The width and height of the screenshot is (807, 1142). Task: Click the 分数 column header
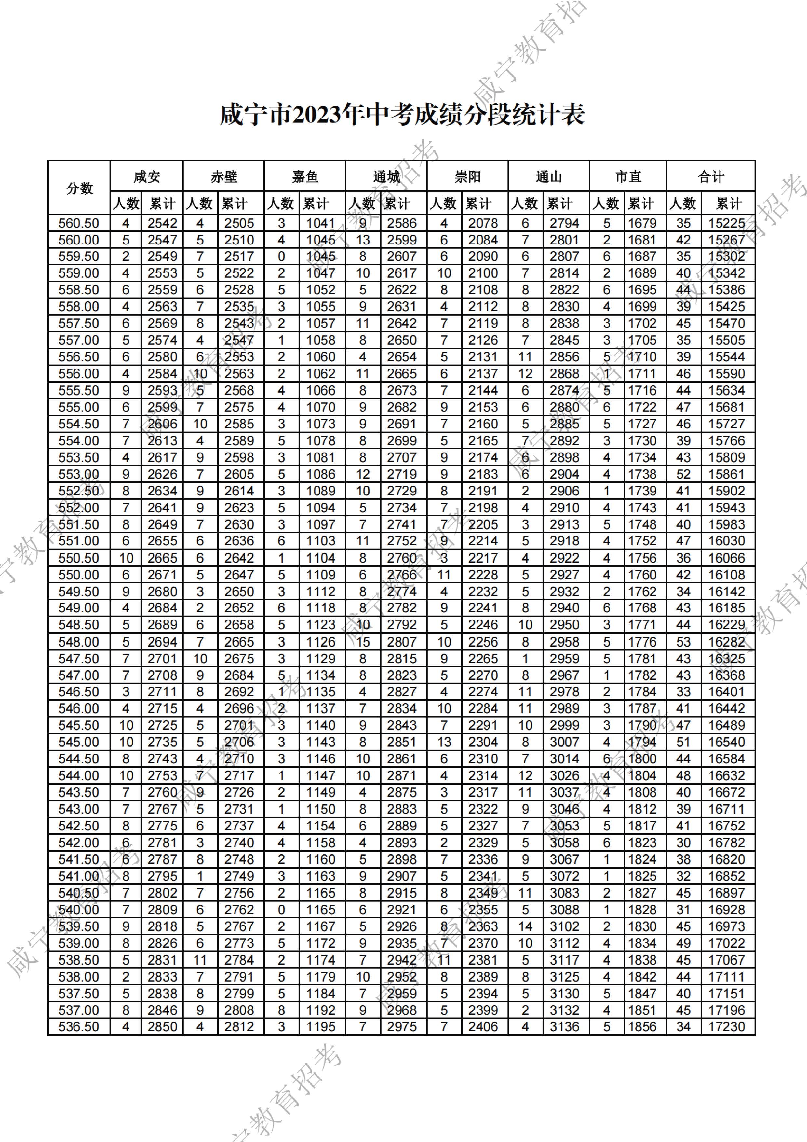[79, 188]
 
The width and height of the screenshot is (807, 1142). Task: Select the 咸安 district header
[147, 176]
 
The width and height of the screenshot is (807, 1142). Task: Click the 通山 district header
[549, 176]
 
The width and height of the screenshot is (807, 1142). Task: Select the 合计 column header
[711, 176]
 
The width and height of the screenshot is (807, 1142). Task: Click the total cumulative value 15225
[727, 223]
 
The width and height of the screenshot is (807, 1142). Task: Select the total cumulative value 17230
[727, 1027]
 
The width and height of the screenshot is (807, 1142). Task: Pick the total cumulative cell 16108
[727, 575]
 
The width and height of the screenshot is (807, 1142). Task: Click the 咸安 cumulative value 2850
[163, 1027]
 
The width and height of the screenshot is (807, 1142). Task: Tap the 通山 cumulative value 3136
[564, 1027]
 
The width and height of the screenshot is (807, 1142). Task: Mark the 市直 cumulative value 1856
[642, 1027]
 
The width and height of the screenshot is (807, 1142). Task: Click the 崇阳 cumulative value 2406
[483, 1027]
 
